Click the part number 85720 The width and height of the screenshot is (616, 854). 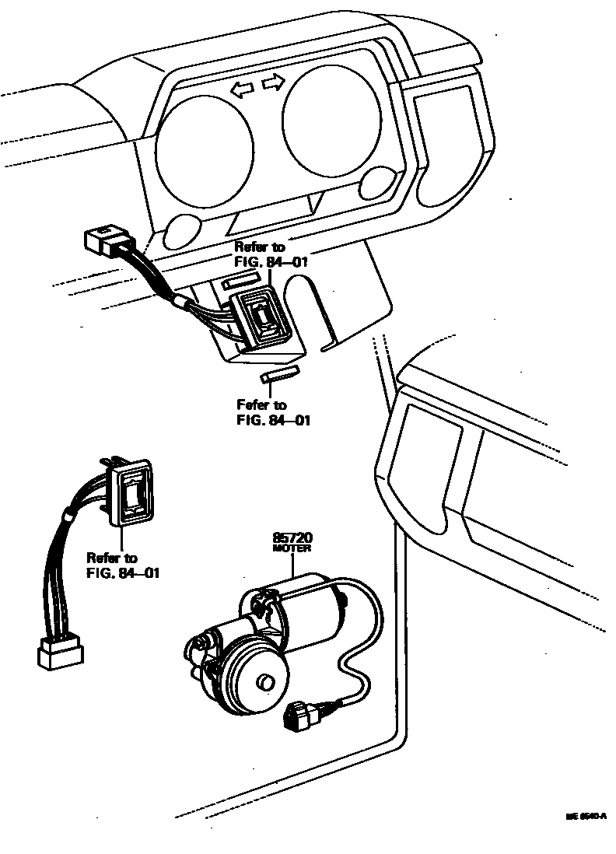[x=292, y=537]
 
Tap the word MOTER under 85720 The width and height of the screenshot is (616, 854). [x=292, y=548]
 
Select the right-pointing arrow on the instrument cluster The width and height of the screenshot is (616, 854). [x=272, y=82]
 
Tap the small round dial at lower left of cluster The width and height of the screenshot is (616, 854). [x=180, y=231]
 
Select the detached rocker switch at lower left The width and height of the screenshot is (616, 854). [x=135, y=493]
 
